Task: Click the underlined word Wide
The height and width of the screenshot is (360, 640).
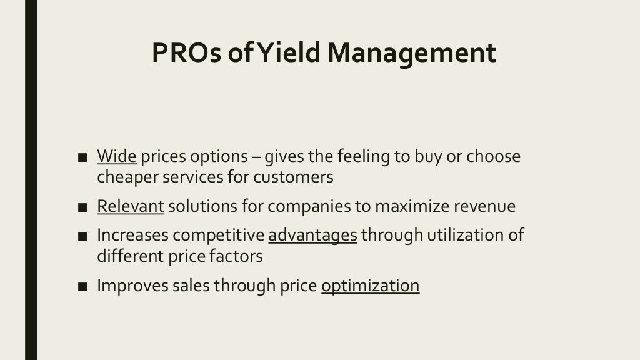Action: point(116,156)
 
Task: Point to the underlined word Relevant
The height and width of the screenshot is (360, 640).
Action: point(131,207)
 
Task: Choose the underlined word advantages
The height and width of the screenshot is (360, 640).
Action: point(312,236)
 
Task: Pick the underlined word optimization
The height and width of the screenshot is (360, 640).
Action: point(370,286)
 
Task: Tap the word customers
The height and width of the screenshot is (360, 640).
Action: point(294,177)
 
